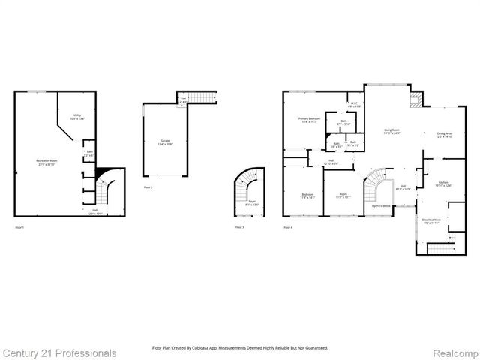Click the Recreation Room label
point(47,161)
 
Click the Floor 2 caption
point(148,187)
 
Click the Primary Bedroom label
point(309,120)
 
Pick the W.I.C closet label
point(355,105)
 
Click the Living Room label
point(391,132)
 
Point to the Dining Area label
point(445,136)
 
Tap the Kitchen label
point(444,184)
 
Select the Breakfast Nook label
point(432,221)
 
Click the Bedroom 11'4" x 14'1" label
point(307,196)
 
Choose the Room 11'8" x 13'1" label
point(343,196)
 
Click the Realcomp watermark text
point(452,352)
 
